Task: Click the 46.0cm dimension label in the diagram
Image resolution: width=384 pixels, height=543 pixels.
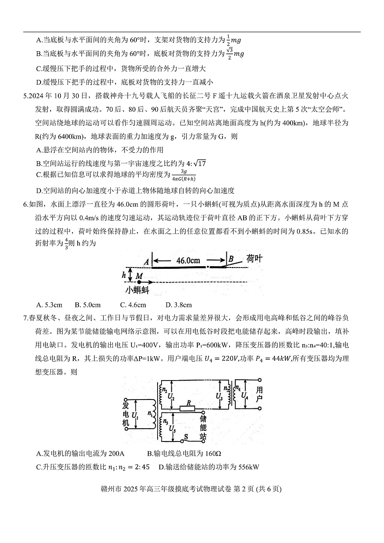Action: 189,260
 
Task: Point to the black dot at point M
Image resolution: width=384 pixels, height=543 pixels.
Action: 139,281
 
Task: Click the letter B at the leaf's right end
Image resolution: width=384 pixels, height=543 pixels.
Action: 230,259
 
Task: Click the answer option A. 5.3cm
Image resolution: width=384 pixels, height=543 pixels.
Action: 49,305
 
